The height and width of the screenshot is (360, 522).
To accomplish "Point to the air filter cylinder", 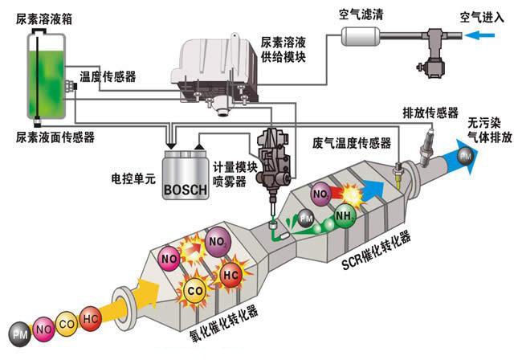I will pos(361,35).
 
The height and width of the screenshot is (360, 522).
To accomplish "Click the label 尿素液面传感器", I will pos(55,137).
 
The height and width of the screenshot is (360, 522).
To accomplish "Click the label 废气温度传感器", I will pos(352,143).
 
